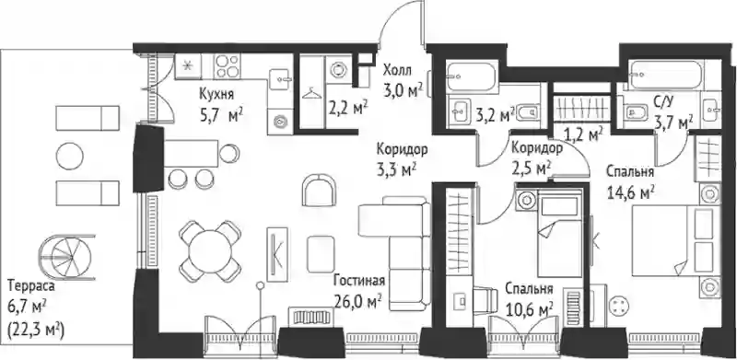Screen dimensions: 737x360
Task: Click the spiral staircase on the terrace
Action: click(x=66, y=257)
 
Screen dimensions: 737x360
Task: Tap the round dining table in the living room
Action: click(x=210, y=251)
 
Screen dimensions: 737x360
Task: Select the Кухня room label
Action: click(x=216, y=94)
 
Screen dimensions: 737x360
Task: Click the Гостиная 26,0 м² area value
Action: click(x=357, y=300)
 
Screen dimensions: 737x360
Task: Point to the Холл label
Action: click(x=397, y=71)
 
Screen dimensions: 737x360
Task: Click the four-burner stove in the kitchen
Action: click(x=227, y=65)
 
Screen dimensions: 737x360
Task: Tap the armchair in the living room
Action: click(x=319, y=190)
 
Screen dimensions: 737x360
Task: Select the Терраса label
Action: click(x=31, y=285)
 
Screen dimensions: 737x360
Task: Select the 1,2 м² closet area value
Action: click(x=583, y=134)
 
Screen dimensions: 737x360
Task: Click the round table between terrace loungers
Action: click(x=70, y=156)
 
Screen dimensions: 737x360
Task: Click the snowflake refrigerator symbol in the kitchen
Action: click(x=188, y=65)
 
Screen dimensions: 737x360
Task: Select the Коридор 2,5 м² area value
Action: click(x=532, y=168)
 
